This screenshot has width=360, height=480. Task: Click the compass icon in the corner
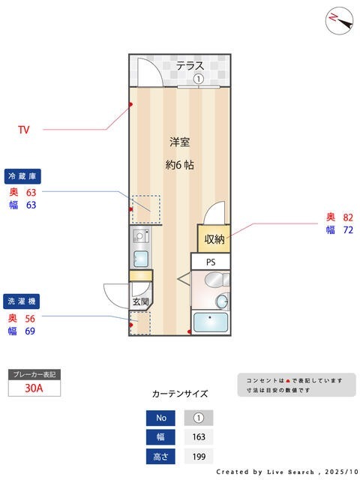(x=340, y=20)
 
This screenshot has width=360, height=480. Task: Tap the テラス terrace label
(x=190, y=66)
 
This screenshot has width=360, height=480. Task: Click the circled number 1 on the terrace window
(x=198, y=79)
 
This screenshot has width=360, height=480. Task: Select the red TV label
(x=23, y=130)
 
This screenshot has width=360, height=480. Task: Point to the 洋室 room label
(x=179, y=141)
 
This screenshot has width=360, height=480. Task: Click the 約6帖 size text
(x=179, y=165)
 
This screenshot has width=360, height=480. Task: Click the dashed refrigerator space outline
(x=146, y=209)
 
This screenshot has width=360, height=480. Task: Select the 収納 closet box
(x=214, y=239)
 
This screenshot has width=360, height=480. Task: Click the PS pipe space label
(x=211, y=262)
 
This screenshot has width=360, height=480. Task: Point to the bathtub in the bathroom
(x=211, y=322)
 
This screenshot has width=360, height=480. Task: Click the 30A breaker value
(x=33, y=388)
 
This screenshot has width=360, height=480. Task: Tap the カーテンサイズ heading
(x=179, y=393)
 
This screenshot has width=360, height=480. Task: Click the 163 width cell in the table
(x=198, y=437)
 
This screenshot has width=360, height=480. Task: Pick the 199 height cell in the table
(x=198, y=456)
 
